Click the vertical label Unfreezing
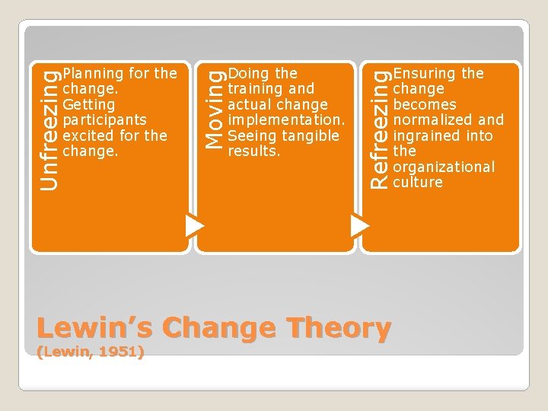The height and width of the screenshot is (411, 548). point(48,127)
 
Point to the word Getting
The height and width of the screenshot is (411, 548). point(89,104)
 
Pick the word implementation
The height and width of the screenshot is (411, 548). point(285,120)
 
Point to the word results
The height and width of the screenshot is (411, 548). point(253,151)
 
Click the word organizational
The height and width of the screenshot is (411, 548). point(444,167)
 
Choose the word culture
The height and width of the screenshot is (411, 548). point(417,183)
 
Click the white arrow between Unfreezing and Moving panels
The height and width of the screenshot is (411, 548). point(196,225)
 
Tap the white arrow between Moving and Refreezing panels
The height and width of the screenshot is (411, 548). point(360,225)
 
